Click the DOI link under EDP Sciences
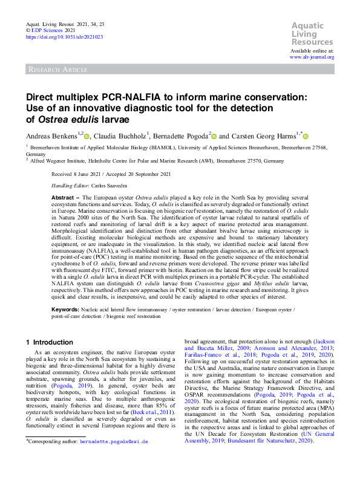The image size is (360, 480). [64, 37]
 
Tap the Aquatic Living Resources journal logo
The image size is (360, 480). [312, 34]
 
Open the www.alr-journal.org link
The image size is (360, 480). [312, 57]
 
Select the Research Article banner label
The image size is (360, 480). [57, 70]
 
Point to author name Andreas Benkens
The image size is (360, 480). [50, 137]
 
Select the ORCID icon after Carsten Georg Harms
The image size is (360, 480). [306, 137]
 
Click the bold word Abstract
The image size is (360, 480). [62, 198]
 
